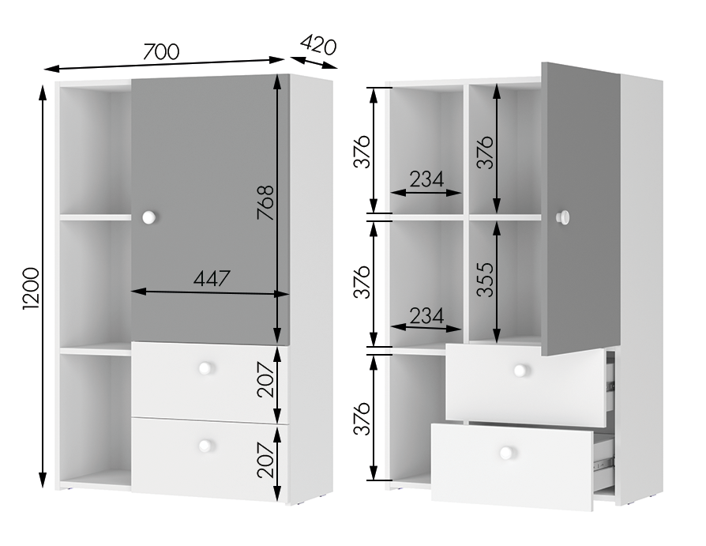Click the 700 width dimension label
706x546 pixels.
click(161, 51)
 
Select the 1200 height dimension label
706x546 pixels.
click(32, 288)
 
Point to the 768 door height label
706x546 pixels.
click(265, 202)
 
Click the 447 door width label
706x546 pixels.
click(212, 278)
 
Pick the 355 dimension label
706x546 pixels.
click(485, 280)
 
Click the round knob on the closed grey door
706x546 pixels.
click(149, 217)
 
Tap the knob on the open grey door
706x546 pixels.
click(563, 217)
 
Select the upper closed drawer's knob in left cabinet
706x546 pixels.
click(205, 368)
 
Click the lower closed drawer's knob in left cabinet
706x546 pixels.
click(205, 446)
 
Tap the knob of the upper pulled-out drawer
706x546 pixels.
click(520, 371)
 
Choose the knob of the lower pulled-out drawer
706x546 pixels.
click(506, 452)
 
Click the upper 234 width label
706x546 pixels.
click(426, 179)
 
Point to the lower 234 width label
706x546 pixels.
click(426, 315)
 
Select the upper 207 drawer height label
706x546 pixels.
click(265, 379)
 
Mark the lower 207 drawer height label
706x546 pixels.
click(265, 460)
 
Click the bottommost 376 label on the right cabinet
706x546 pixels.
click(362, 419)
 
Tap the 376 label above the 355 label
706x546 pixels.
click(485, 152)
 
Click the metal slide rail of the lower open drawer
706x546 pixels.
click(603, 461)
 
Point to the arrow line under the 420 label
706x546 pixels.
click(314, 62)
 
